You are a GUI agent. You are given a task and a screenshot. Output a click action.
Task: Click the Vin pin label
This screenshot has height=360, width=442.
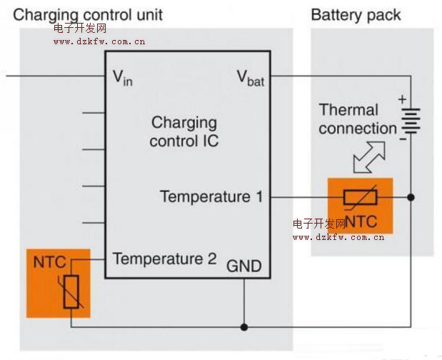(x=123, y=78)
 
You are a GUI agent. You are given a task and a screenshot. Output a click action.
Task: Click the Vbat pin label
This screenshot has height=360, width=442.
(x=250, y=78)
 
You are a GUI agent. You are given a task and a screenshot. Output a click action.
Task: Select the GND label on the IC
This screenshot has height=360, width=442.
(x=244, y=267)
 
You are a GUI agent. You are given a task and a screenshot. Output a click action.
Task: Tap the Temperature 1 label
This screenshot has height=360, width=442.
(x=211, y=196)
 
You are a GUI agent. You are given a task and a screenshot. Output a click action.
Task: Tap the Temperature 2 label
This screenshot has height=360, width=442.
(x=164, y=259)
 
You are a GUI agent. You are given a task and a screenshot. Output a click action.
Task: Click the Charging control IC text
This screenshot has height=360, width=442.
(x=184, y=131)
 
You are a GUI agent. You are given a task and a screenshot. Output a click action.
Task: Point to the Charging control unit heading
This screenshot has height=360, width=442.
(x=88, y=14)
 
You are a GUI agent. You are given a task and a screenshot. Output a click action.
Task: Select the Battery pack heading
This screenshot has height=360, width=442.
(x=356, y=14)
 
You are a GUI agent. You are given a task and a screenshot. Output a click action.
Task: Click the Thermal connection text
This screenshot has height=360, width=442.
(x=357, y=119)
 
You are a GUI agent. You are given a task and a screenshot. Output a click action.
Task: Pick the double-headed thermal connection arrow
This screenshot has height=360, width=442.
(x=369, y=157)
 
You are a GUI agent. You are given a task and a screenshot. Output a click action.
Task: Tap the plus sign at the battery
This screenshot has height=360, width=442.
(x=402, y=99)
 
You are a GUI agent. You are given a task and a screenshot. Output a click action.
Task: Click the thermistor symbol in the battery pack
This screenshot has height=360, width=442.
(x=361, y=197)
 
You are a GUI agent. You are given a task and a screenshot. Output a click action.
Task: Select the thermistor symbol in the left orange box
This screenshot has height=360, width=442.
(x=71, y=292)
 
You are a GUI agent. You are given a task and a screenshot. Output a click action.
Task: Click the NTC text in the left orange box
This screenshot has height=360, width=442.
(x=49, y=262)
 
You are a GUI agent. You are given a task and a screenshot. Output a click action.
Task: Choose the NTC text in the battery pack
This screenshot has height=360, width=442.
(x=361, y=221)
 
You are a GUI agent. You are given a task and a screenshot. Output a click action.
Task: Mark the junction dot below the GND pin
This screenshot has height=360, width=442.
(x=244, y=327)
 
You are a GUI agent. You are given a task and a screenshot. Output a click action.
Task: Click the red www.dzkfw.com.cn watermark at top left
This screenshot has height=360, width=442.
(x=99, y=41)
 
